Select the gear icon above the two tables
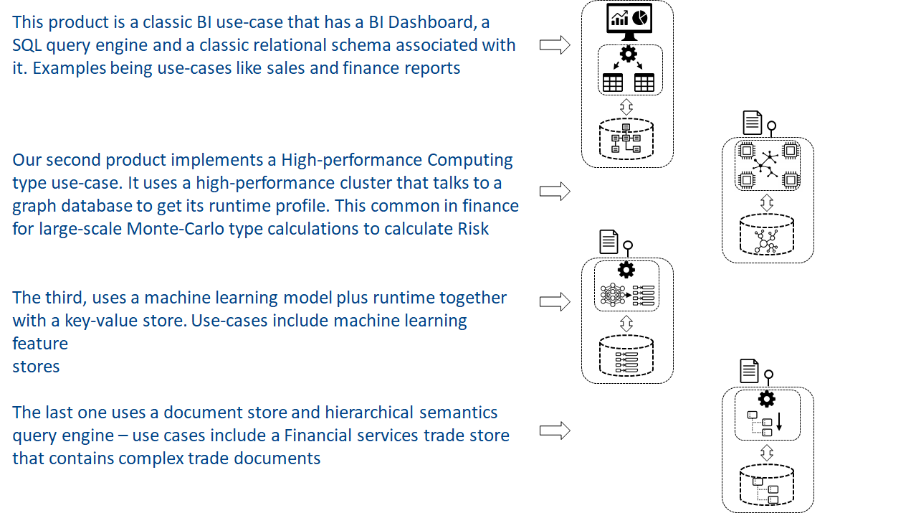[x=628, y=54]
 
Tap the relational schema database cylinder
[x=626, y=138]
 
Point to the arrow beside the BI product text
[x=555, y=44]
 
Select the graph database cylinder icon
[x=766, y=235]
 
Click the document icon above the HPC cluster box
[x=753, y=122]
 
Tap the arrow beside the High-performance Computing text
[x=555, y=191]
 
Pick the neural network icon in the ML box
[x=613, y=294]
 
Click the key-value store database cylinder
[x=626, y=356]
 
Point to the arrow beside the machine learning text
[x=555, y=302]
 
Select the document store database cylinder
[x=766, y=485]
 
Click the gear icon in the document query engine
[x=766, y=399]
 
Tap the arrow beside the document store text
[x=555, y=430]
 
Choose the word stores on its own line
[x=36, y=367]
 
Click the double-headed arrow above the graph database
[x=766, y=202]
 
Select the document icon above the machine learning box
[x=609, y=241]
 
